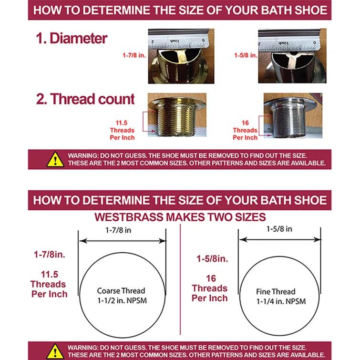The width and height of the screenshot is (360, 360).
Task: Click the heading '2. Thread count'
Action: (x=86, y=99)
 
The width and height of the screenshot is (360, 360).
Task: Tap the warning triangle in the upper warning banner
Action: (x=55, y=159)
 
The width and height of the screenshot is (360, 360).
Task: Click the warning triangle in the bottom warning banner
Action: (x=55, y=350)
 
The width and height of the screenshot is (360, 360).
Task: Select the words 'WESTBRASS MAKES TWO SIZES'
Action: (x=180, y=217)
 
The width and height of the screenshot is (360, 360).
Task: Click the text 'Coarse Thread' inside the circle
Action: (x=121, y=290)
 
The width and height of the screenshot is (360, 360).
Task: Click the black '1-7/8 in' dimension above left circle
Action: (x=122, y=230)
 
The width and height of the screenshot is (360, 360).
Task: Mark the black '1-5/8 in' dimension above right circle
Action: (x=279, y=229)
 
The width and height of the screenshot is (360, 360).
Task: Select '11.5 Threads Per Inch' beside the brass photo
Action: (x=125, y=130)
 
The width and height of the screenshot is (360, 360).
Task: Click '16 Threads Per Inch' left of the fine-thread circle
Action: (x=209, y=288)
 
